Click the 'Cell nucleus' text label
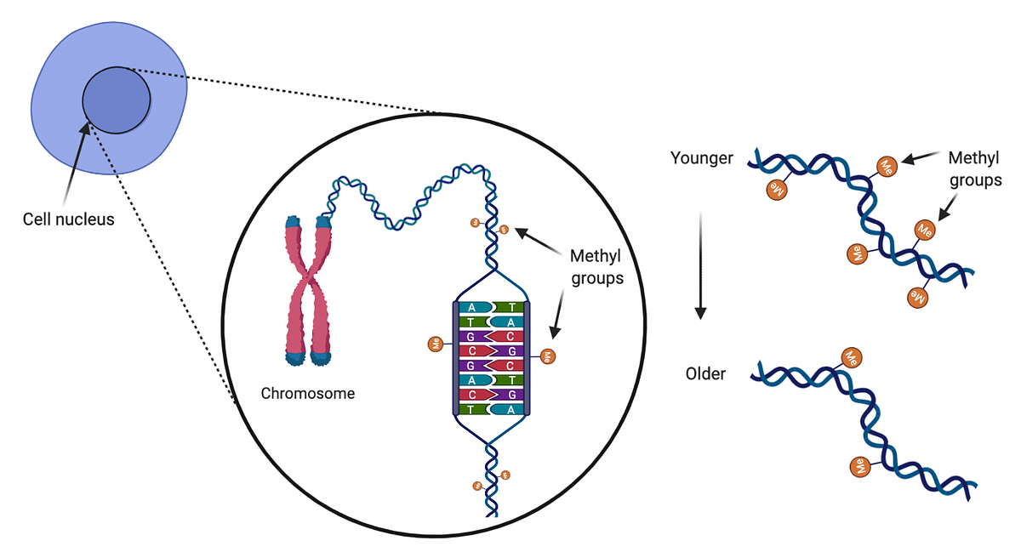point(68,219)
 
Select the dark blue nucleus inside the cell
point(117,100)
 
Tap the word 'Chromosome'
point(307,394)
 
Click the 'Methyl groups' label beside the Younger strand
point(975,168)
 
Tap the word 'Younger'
point(701,157)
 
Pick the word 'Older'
point(705,373)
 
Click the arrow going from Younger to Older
point(699,264)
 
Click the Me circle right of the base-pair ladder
point(547,355)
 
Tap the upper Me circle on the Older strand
point(850,356)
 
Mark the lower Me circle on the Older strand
point(860,465)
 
